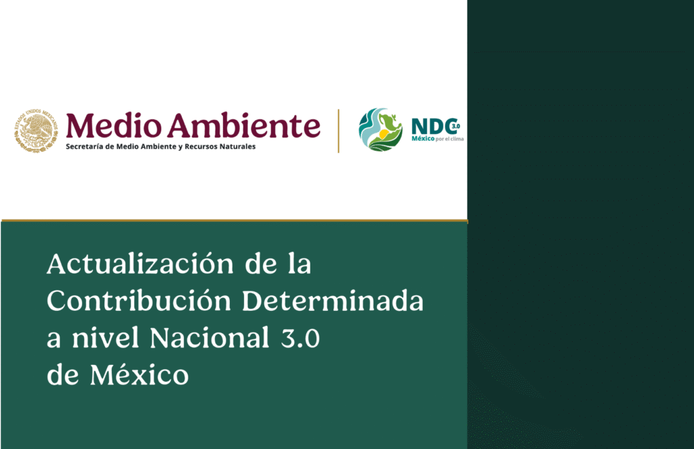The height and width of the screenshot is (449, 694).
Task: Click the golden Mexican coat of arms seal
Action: (x=36, y=129)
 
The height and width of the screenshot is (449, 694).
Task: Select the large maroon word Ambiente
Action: (x=242, y=126)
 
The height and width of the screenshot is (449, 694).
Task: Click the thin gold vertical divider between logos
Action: (x=338, y=130)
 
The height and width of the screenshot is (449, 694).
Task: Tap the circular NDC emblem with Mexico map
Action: (x=380, y=129)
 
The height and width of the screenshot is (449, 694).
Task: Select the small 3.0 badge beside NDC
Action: (x=455, y=125)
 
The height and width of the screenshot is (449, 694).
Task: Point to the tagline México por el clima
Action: (x=437, y=139)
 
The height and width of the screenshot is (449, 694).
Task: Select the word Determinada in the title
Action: (x=333, y=300)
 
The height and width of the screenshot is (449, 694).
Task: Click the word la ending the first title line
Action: (x=299, y=264)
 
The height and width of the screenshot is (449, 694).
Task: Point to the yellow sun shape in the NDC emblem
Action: (x=384, y=134)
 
